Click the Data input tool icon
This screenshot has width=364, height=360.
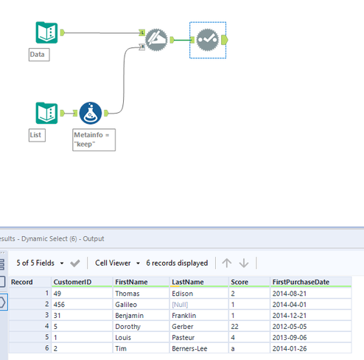pyautogui.click(x=46, y=32)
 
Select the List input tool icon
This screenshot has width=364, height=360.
pyautogui.click(x=46, y=113)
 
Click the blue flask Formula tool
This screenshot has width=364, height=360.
pyautogui.click(x=91, y=113)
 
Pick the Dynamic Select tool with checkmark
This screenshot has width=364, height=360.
pyautogui.click(x=208, y=40)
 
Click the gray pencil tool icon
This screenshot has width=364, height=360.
pyautogui.click(x=156, y=40)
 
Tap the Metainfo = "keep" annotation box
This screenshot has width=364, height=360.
pyautogui.click(x=94, y=139)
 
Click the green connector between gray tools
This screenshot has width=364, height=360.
pyautogui.click(x=183, y=40)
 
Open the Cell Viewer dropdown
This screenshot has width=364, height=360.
pyautogui.click(x=117, y=263)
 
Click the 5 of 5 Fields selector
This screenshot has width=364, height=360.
pyautogui.click(x=40, y=263)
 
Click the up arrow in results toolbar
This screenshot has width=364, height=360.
pyautogui.click(x=227, y=263)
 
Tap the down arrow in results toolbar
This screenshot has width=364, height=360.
pyautogui.click(x=244, y=263)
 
